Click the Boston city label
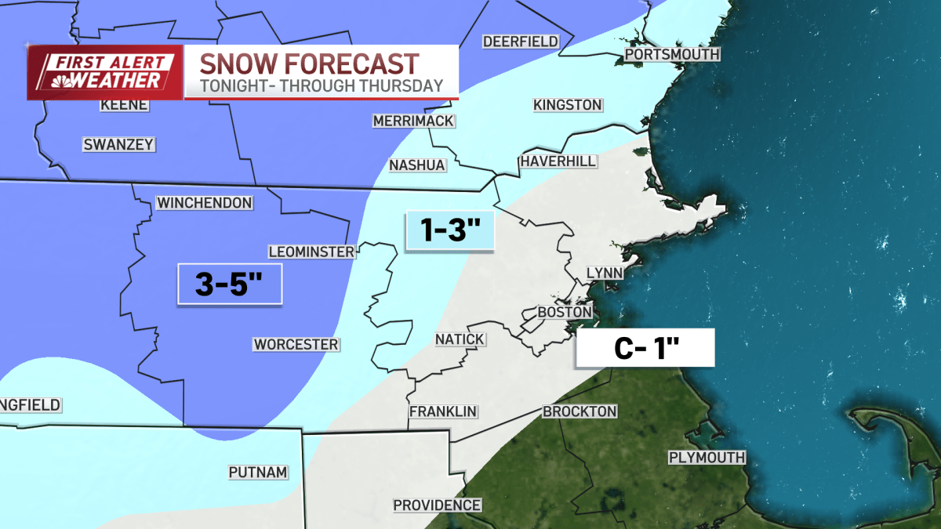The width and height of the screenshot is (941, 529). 564,312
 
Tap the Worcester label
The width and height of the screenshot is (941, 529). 296,345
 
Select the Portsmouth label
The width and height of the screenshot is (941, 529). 672,54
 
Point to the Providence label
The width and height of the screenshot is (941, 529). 437,505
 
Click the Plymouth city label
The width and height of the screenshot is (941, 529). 707,458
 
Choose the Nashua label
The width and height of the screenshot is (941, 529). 417,165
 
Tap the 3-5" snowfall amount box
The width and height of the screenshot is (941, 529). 227,284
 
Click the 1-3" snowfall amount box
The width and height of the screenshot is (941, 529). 449,231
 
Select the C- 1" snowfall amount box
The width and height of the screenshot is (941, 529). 645,348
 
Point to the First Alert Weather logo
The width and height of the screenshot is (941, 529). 106,72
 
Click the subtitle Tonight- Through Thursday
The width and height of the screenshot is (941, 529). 321,85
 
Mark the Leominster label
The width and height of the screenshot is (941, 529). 311,252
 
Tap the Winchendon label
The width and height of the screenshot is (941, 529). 204,203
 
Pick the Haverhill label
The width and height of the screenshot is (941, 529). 558,161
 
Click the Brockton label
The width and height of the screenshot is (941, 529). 579,411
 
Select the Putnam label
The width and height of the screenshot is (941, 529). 258,473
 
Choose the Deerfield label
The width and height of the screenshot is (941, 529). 520,42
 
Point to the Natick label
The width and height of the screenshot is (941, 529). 460,339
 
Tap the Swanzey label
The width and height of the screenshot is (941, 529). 118,144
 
